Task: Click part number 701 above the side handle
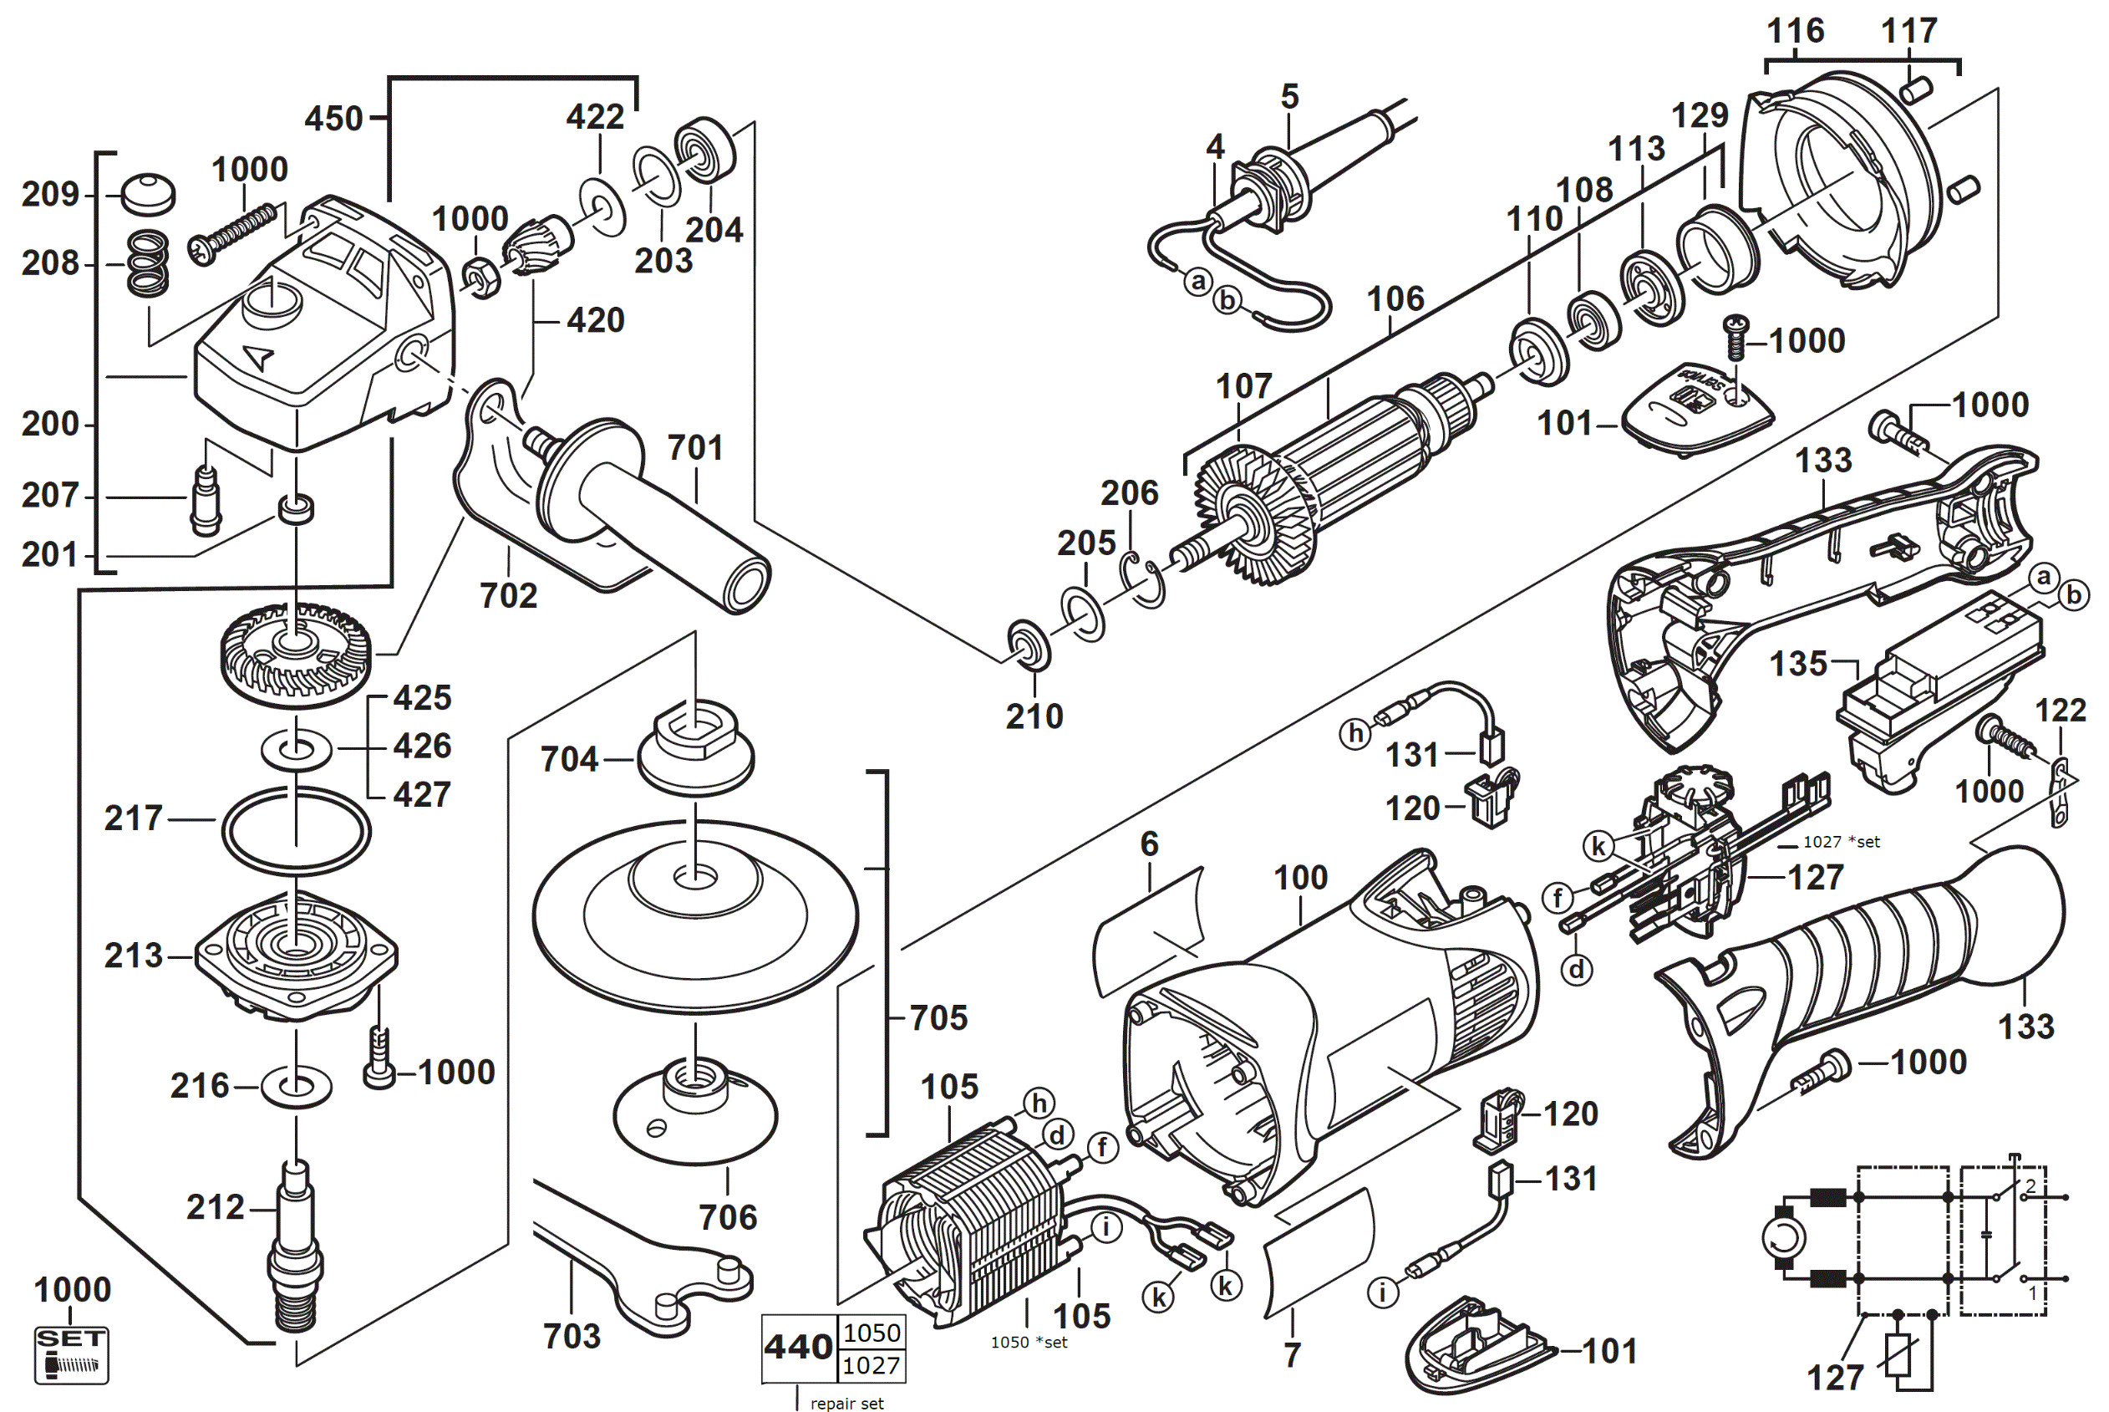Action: click(x=695, y=447)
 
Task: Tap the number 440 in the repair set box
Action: click(x=799, y=1347)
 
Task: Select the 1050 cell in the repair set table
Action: click(x=872, y=1333)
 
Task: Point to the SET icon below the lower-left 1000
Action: click(x=71, y=1354)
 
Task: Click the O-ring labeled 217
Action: click(x=296, y=830)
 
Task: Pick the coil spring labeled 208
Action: click(x=149, y=264)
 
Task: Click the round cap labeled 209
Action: click(x=149, y=194)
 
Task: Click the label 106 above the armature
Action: click(x=1395, y=299)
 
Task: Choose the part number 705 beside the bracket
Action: click(x=938, y=1017)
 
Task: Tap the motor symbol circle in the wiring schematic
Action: click(x=1783, y=1239)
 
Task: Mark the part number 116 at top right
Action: click(x=1795, y=31)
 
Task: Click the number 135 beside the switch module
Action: click(x=1798, y=664)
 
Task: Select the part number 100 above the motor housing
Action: click(x=1300, y=877)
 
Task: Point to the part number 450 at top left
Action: click(x=333, y=119)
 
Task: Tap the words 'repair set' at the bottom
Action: click(x=846, y=1403)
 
